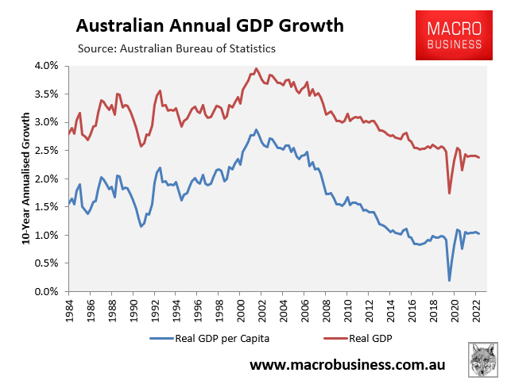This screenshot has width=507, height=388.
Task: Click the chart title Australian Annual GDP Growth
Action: [x=210, y=25]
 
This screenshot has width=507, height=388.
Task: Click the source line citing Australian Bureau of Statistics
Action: [x=176, y=48]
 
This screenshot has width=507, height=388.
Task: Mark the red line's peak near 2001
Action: [x=256, y=68]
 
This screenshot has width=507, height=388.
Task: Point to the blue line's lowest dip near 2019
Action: [x=449, y=280]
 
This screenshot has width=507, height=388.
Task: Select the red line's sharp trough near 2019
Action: [x=449, y=193]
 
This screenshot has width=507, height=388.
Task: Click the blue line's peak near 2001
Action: [x=256, y=129]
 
